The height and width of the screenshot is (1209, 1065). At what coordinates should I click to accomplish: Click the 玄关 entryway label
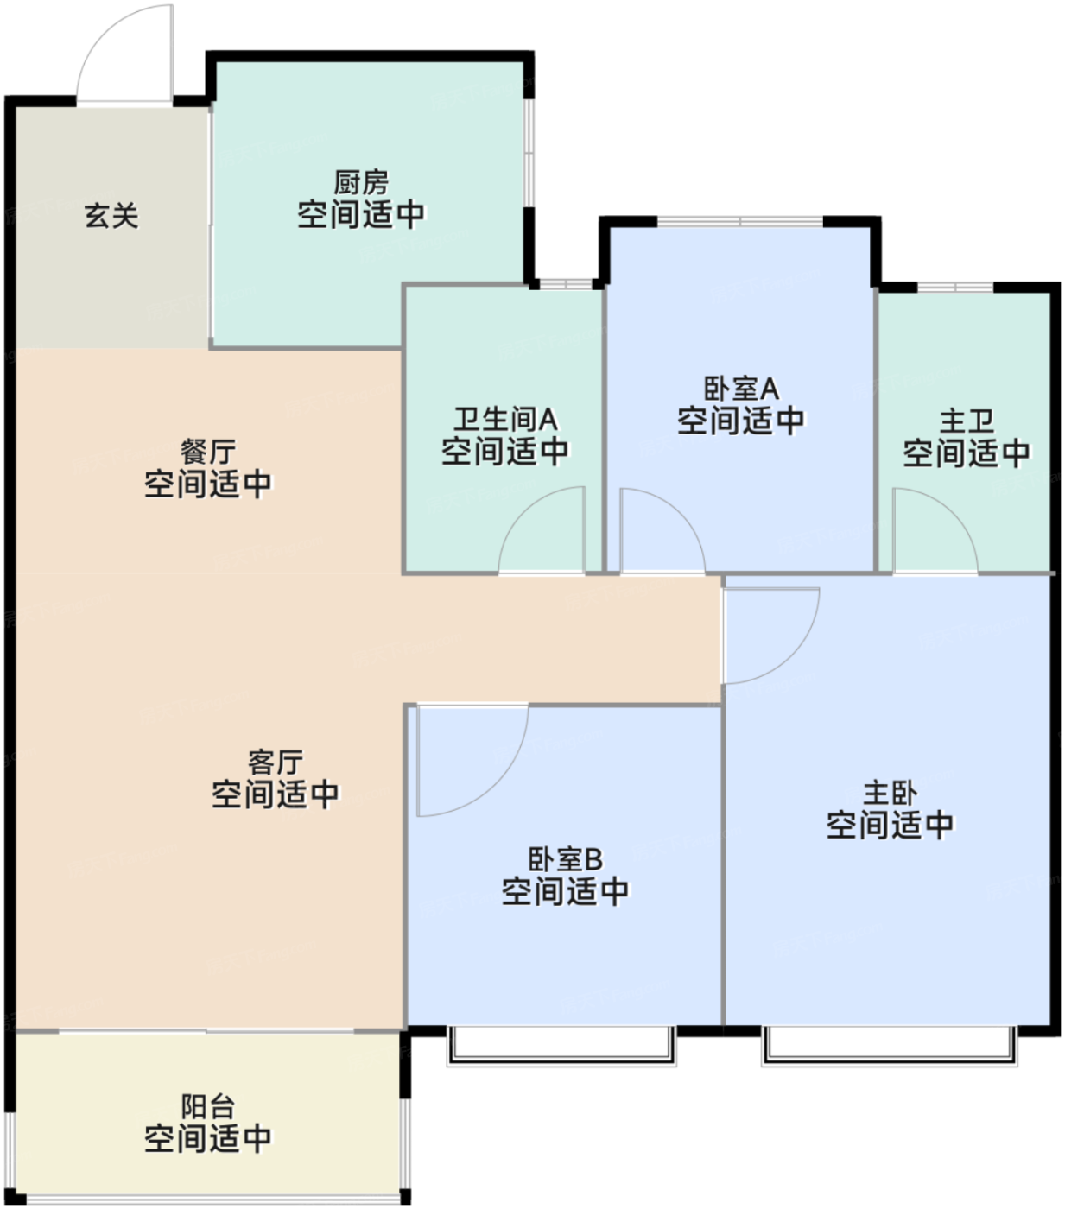111,215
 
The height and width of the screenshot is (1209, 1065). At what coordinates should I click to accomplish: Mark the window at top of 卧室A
740,222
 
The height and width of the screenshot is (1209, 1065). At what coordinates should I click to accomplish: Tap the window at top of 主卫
954,287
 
